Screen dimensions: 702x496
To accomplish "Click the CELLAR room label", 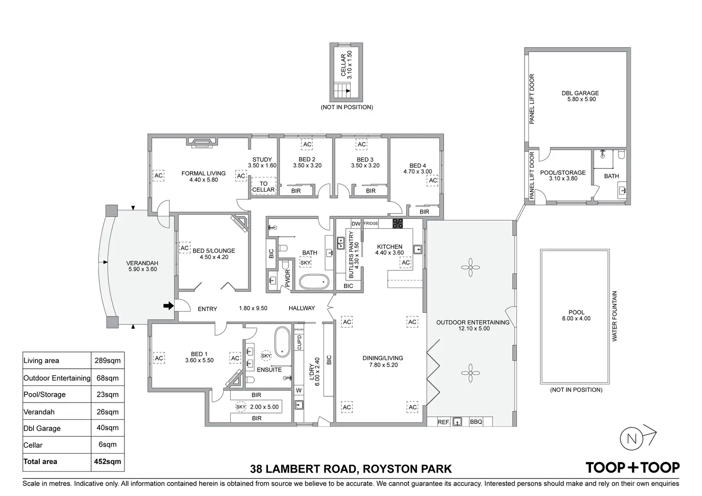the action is [x=343, y=65].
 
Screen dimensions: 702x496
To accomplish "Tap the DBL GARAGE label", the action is [x=580, y=93].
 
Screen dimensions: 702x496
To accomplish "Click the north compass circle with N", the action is [x=631, y=439].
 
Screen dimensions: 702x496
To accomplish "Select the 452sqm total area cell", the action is [x=107, y=462].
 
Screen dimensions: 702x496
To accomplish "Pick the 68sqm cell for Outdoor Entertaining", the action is [x=107, y=378].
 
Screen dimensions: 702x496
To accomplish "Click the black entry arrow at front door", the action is [x=169, y=306].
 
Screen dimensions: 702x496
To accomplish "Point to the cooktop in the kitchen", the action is [x=398, y=223].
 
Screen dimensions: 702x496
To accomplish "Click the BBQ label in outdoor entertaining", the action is [x=476, y=422].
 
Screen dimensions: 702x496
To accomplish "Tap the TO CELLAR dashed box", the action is [x=264, y=186].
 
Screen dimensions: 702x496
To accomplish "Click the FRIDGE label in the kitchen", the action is [x=371, y=223].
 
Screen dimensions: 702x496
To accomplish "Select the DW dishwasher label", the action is [x=356, y=224].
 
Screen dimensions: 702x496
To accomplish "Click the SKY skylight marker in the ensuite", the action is [x=266, y=356].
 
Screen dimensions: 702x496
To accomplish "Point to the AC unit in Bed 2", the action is [x=307, y=144].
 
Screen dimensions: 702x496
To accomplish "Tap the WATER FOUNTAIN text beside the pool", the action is [x=615, y=316].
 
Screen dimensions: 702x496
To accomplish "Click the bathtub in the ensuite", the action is [x=282, y=342].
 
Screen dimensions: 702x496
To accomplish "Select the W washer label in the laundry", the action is [x=299, y=391].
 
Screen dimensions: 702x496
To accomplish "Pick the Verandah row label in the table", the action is [x=39, y=412].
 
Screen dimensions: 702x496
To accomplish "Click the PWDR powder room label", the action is [x=288, y=279].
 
